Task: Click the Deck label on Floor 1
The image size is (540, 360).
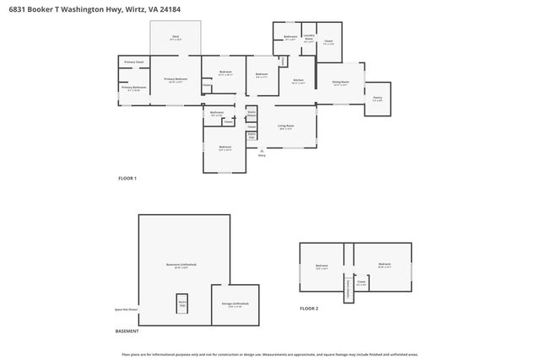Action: (x=175, y=37)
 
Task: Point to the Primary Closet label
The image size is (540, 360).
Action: (x=133, y=62)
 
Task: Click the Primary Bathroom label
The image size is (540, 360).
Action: (x=133, y=88)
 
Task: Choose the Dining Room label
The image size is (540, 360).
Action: (x=340, y=83)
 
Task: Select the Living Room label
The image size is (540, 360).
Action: (x=286, y=127)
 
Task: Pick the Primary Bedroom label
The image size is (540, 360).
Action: (x=175, y=79)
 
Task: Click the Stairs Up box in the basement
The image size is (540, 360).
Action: (x=181, y=304)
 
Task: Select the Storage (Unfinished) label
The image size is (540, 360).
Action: (x=235, y=303)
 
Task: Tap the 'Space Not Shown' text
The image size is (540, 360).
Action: (x=127, y=310)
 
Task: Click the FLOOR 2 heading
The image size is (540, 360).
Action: (x=309, y=309)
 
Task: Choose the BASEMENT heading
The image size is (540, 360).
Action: (x=127, y=331)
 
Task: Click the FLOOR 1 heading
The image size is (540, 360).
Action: (x=127, y=178)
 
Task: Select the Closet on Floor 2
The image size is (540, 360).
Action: (x=360, y=283)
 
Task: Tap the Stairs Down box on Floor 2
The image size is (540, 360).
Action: (x=347, y=289)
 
